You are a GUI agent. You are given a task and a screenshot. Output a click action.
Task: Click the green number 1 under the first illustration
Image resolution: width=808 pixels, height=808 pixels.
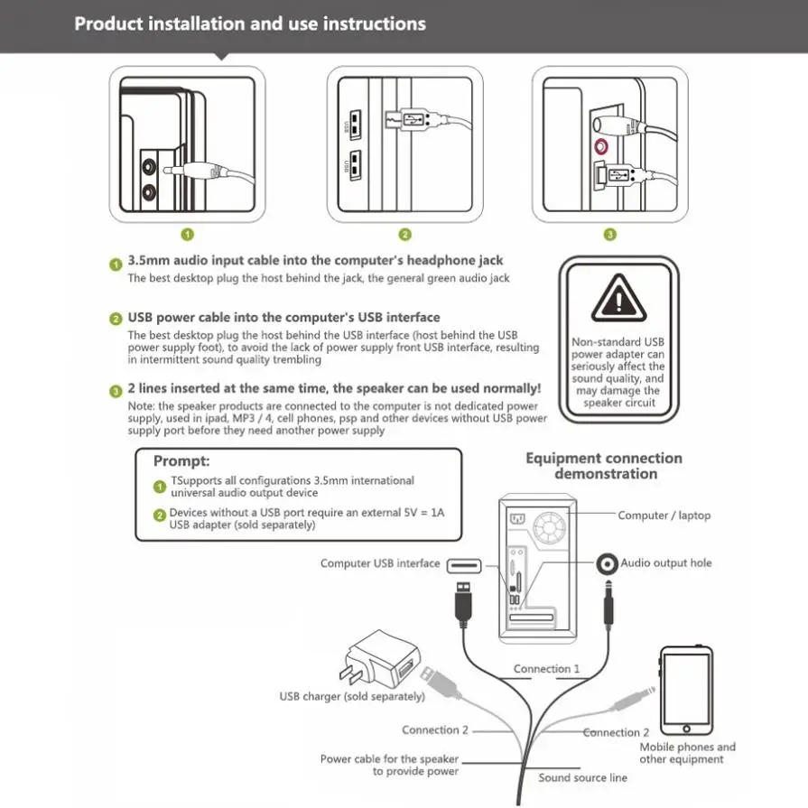click(x=188, y=235)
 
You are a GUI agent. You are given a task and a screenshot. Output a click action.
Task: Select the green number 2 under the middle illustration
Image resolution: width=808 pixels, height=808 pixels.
click(x=405, y=235)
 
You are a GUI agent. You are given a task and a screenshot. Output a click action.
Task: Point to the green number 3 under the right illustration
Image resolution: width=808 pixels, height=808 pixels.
click(x=610, y=235)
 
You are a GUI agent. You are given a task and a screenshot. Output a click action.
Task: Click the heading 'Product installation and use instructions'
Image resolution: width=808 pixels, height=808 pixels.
click(x=250, y=24)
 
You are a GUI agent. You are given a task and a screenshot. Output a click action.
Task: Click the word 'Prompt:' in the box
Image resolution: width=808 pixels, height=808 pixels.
click(x=181, y=461)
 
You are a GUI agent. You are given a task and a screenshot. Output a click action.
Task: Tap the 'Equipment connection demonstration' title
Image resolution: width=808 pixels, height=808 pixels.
click(x=604, y=466)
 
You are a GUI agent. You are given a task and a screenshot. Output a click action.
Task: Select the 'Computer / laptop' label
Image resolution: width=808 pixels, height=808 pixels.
click(x=664, y=515)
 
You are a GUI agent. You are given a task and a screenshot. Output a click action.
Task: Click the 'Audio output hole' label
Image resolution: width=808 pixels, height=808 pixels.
click(x=665, y=562)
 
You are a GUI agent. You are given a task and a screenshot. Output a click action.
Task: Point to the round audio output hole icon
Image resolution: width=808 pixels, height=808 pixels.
click(x=607, y=563)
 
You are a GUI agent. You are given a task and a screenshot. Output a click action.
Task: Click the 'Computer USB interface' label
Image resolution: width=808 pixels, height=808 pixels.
click(x=380, y=563)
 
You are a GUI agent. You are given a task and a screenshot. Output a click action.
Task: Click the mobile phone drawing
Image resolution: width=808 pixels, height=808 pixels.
click(x=686, y=691)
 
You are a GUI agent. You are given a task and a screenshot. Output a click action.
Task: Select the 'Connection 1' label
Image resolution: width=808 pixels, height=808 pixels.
click(x=546, y=669)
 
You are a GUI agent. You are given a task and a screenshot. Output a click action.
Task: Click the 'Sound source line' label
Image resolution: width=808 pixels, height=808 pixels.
click(x=582, y=777)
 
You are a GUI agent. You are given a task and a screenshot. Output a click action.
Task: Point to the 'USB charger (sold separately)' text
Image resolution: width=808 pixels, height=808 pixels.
click(x=351, y=697)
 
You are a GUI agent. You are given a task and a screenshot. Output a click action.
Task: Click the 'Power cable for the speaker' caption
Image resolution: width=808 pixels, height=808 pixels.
click(x=389, y=759)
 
